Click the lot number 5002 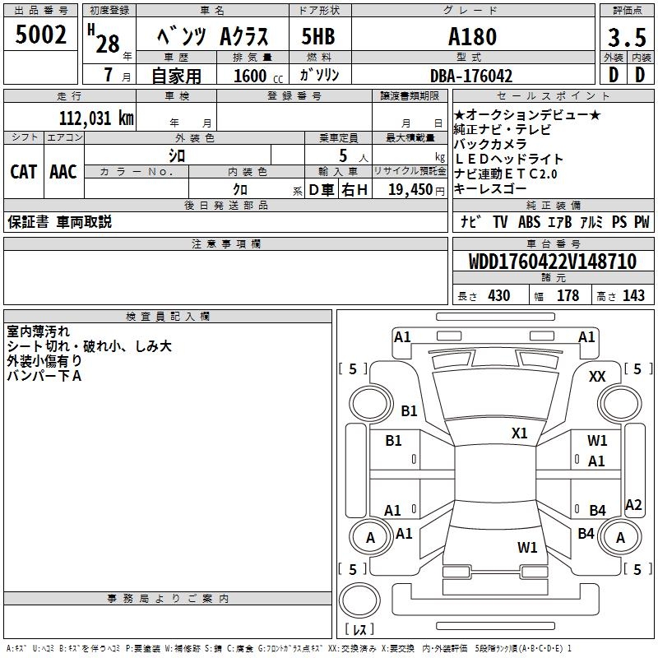tap(41, 35)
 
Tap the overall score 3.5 tap(625, 38)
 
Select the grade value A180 tap(472, 36)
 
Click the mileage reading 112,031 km tap(95, 118)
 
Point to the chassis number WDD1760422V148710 tap(552, 262)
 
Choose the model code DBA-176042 tap(471, 76)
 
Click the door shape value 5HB tap(318, 37)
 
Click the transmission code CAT tap(23, 171)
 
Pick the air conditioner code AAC tap(63, 171)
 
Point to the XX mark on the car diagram tap(597, 376)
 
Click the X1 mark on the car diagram tap(519, 433)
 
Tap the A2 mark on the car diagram tap(633, 505)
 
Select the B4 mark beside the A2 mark tap(597, 511)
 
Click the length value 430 tap(498, 296)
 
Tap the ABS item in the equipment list tap(529, 222)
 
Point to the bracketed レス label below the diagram tap(359, 629)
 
